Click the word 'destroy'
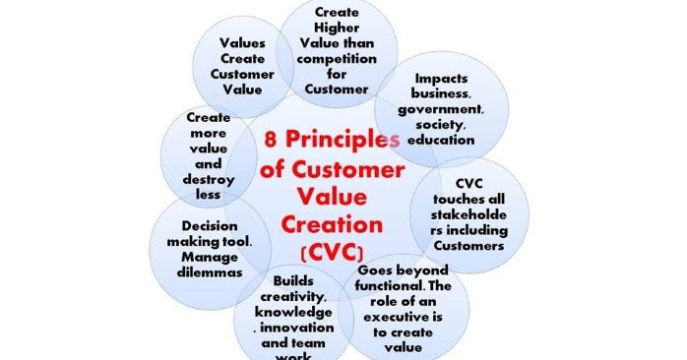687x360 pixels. (x=209, y=180)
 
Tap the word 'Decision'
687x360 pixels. (x=209, y=224)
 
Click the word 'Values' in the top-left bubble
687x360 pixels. (x=242, y=43)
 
